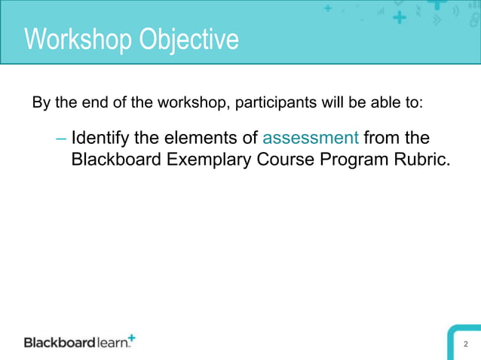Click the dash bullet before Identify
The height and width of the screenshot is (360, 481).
pyautogui.click(x=61, y=139)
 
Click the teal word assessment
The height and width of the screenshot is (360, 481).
pyautogui.click(x=310, y=139)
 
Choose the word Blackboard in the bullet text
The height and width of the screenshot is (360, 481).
pyautogui.click(x=114, y=160)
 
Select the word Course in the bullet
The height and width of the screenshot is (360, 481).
pyautogui.click(x=284, y=160)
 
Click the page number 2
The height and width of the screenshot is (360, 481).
pyautogui.click(x=466, y=344)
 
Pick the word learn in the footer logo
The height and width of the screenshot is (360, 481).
pyautogui.click(x=112, y=343)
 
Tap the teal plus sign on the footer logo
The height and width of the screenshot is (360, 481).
pyautogui.click(x=133, y=337)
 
